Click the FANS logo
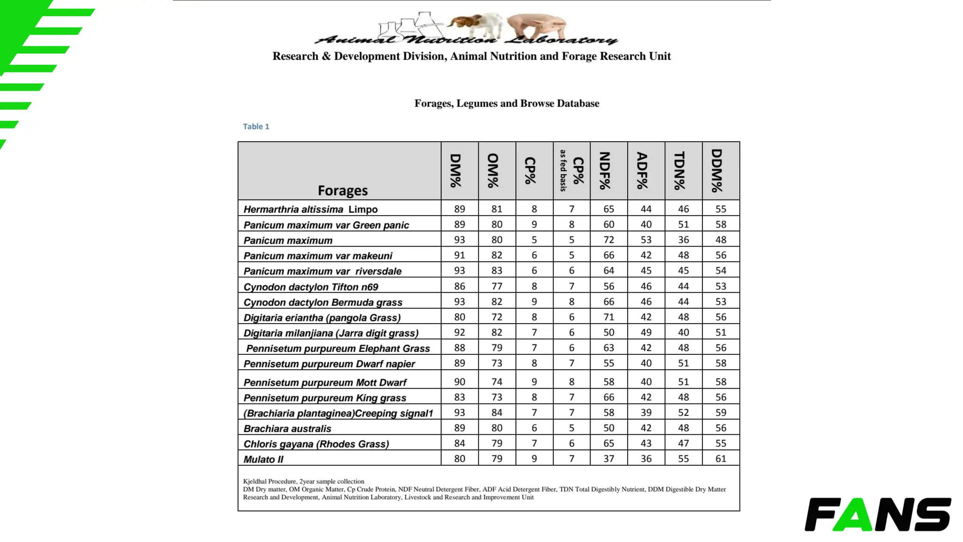point(877,514)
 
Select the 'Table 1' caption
point(256,126)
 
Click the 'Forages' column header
point(342,190)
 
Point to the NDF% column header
point(608,171)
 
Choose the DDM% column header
point(720,171)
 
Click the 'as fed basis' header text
point(563,171)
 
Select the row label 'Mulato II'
point(263,459)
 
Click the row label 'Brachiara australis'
point(287,429)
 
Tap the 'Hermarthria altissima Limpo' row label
point(310,209)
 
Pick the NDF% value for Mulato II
point(608,458)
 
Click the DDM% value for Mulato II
point(720,458)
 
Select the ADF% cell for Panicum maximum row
point(646,239)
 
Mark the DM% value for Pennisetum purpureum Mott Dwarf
point(459,382)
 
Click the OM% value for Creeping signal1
point(497,412)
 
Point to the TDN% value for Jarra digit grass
point(683,332)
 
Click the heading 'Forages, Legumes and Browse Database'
point(506,103)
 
